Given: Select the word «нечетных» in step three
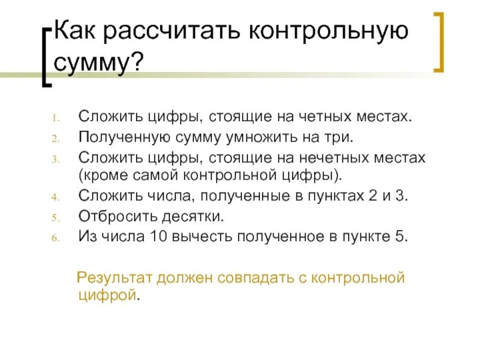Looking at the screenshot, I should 332,157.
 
